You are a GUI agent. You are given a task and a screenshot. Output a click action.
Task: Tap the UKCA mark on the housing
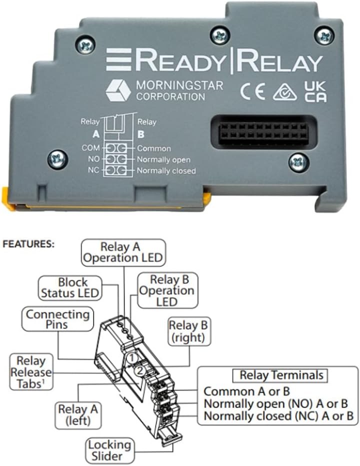315,91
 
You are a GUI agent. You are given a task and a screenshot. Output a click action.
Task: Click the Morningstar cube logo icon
118,90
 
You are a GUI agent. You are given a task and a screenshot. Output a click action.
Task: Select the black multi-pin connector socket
263,131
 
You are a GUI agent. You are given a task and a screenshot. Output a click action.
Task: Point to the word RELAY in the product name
280,63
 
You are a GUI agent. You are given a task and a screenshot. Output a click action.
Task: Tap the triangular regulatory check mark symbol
284,92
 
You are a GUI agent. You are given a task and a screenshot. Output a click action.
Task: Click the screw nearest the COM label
57,159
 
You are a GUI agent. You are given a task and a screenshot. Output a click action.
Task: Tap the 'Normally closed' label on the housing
166,171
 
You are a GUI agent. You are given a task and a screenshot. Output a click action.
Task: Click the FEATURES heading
28,245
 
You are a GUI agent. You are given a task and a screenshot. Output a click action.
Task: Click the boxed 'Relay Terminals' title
281,375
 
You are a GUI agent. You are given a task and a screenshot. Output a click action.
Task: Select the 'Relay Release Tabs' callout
31,373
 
